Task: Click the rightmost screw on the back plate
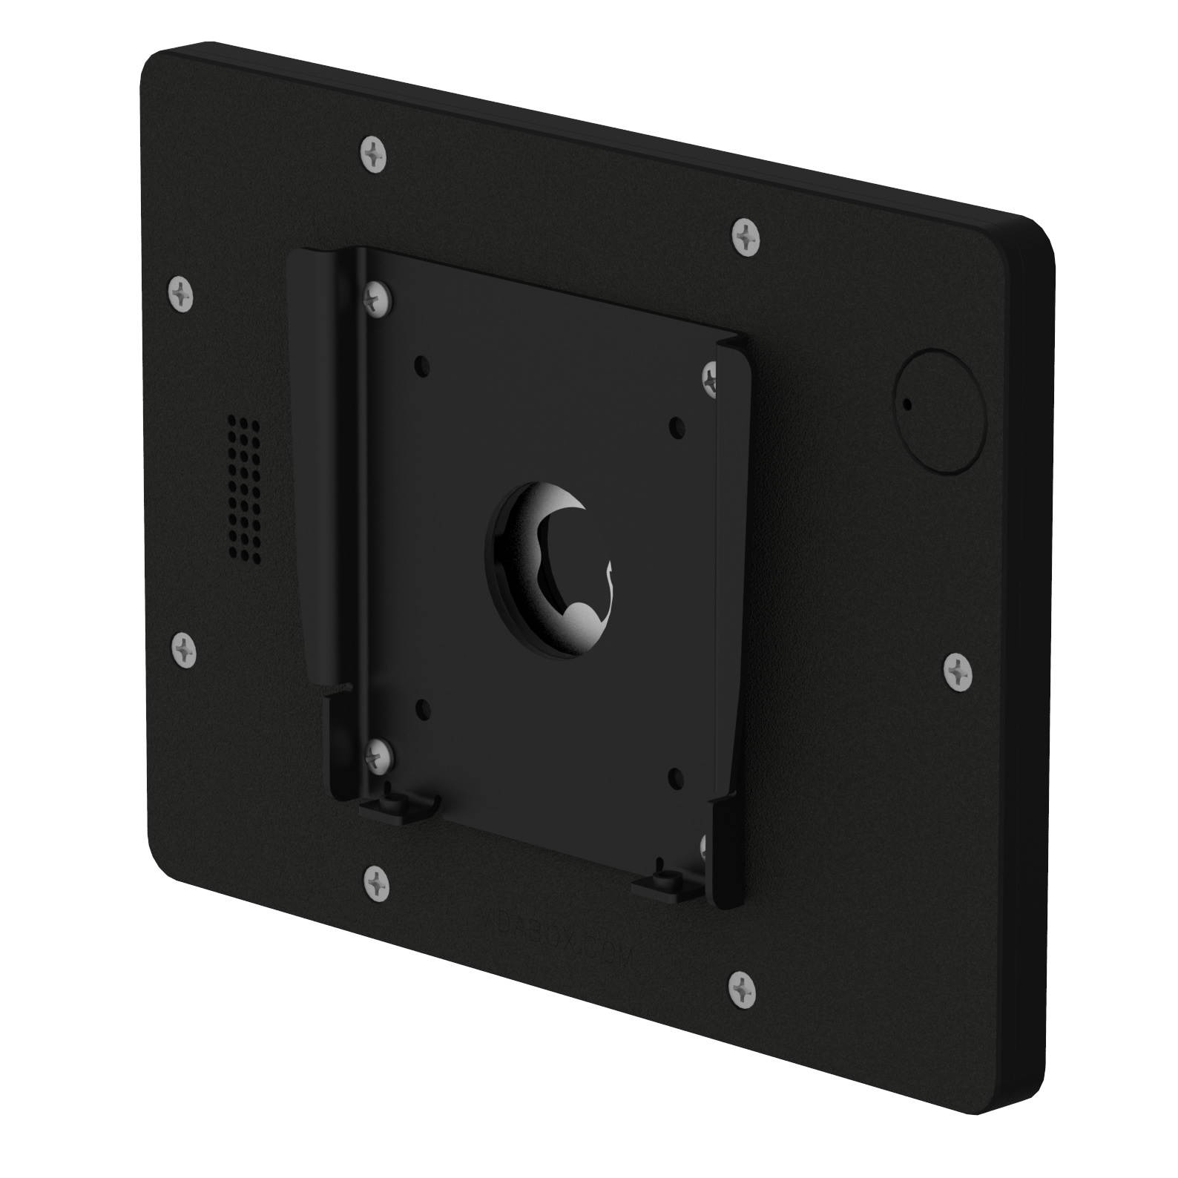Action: click(x=958, y=673)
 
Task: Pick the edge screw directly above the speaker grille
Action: click(x=180, y=295)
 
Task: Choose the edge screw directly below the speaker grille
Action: click(x=185, y=651)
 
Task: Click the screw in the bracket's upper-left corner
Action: click(x=378, y=298)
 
